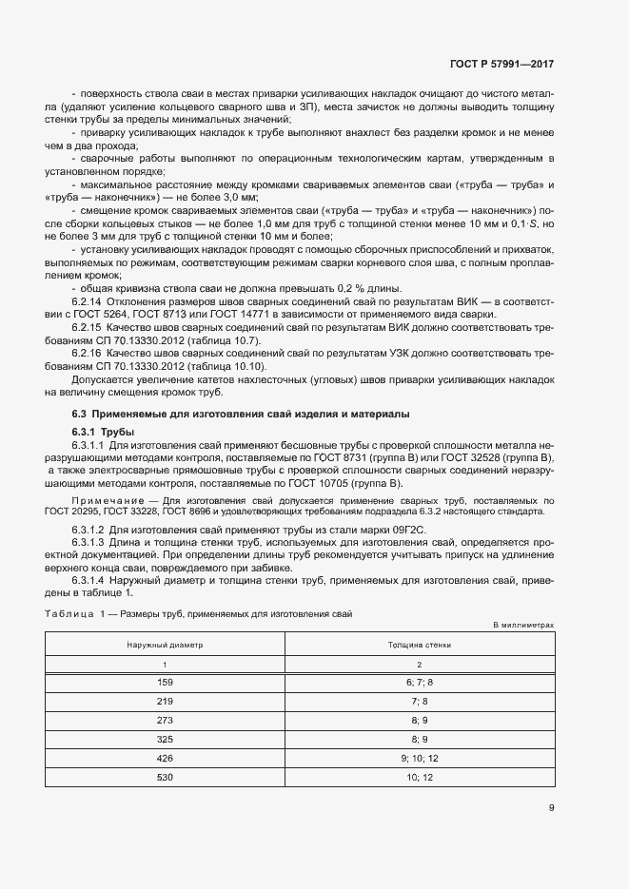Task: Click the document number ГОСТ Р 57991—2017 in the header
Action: click(x=501, y=65)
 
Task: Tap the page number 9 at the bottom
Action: click(x=551, y=808)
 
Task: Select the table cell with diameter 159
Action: click(x=164, y=683)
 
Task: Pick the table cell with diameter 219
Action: click(x=164, y=702)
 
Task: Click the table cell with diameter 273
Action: click(x=164, y=720)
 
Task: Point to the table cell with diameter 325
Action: click(x=164, y=739)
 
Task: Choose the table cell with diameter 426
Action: click(x=164, y=758)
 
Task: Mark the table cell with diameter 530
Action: click(x=164, y=777)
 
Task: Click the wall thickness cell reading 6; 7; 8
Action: click(x=419, y=683)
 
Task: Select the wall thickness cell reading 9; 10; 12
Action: click(x=419, y=758)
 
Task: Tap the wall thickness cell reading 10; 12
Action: click(x=419, y=777)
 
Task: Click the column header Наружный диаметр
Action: click(x=164, y=644)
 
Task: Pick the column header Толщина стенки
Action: click(x=419, y=644)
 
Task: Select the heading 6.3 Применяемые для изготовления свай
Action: click(x=241, y=414)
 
